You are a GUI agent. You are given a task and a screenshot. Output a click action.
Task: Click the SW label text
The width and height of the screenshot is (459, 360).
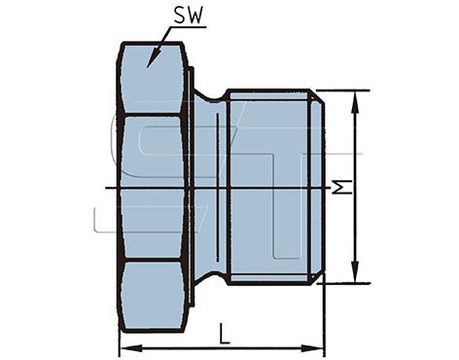coord(190,16)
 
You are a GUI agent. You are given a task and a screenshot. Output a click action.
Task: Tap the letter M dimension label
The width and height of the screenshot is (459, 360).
coord(343,188)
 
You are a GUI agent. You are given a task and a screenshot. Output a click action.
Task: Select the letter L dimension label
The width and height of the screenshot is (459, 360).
coord(225,334)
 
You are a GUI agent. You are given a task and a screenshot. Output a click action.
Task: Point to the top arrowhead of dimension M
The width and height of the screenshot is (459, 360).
coord(356,102)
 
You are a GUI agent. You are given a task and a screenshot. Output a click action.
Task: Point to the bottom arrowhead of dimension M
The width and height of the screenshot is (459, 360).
coord(356,271)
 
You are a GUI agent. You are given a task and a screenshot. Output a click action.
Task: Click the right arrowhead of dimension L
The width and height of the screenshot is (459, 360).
coord(312,349)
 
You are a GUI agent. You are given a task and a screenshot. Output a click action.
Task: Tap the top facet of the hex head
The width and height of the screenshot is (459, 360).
coord(153,79)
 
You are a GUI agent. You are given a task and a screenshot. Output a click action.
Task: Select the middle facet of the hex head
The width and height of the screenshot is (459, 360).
coord(153,188)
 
